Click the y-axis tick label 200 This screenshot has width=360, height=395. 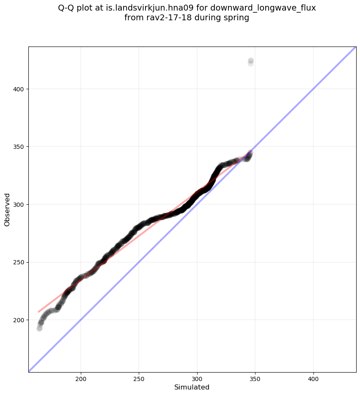tap(19, 320)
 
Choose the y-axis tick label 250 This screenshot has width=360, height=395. tap(19, 262)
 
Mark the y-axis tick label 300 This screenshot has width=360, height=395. tap(19, 205)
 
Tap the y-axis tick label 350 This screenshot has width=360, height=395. tap(19, 147)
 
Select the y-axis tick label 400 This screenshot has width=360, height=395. tap(19, 89)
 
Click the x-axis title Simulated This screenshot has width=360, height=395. tap(192, 387)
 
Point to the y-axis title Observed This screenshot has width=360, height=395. tap(7, 209)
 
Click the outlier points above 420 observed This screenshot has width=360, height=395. tap(251, 62)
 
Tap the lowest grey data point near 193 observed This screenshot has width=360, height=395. tap(39, 328)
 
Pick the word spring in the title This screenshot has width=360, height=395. tap(237, 18)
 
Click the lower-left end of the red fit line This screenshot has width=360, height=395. tap(38, 312)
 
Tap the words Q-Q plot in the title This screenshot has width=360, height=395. tap(76, 8)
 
